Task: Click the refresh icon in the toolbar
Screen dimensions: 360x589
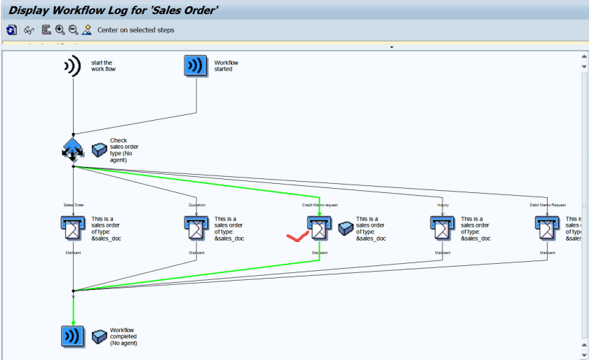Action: pyautogui.click(x=12, y=29)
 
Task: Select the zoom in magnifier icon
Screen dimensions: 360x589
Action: pyautogui.click(x=60, y=29)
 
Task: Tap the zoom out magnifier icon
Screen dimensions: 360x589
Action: pyautogui.click(x=73, y=29)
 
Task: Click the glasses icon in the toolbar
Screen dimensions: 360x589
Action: pyautogui.click(x=29, y=29)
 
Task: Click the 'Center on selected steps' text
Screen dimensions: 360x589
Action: pyautogui.click(x=135, y=30)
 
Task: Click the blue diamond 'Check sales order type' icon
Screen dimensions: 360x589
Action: pyautogui.click(x=73, y=149)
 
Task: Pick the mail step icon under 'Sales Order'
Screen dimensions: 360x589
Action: pyautogui.click(x=73, y=227)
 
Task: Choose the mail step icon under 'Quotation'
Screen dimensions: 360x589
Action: pyautogui.click(x=196, y=227)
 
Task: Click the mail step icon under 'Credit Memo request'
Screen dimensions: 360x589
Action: pyautogui.click(x=319, y=227)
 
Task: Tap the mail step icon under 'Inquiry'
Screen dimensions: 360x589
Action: pyautogui.click(x=442, y=227)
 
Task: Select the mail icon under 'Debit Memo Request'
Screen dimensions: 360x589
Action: pyautogui.click(x=547, y=227)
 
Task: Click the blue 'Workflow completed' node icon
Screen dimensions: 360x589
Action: pyautogui.click(x=73, y=336)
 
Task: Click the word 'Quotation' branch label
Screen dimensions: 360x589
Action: pyautogui.click(x=197, y=205)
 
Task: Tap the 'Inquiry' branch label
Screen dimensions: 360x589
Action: pyautogui.click(x=442, y=205)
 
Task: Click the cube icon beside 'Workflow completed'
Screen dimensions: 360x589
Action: pyautogui.click(x=99, y=336)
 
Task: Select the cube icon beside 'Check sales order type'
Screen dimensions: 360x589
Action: pyautogui.click(x=99, y=149)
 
